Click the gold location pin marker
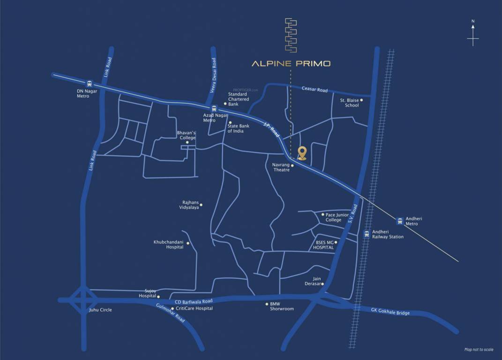pos(302,153)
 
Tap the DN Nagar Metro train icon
pos(90,83)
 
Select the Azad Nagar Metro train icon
pos(214,109)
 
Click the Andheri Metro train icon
pos(400,220)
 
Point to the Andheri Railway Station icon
pos(367,234)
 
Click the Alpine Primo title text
pos(291,64)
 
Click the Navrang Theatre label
pos(281,167)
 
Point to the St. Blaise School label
pos(349,103)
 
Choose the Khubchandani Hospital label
pos(168,245)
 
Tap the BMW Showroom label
pos(282,306)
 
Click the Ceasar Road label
pos(315,89)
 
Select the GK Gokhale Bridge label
pos(390,312)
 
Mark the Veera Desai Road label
pos(213,75)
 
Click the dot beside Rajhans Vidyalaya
pos(201,205)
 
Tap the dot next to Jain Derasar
pos(322,284)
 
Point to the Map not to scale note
pos(479,349)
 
